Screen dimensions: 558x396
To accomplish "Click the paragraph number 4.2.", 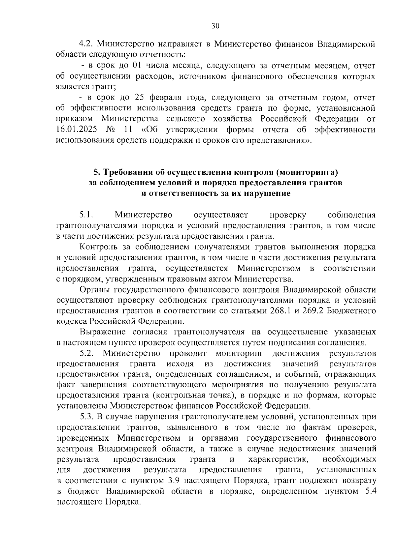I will click(86, 44).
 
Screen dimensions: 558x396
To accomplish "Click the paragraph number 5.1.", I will click(87, 215).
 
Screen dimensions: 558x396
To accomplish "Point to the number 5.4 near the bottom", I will click(369, 491).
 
